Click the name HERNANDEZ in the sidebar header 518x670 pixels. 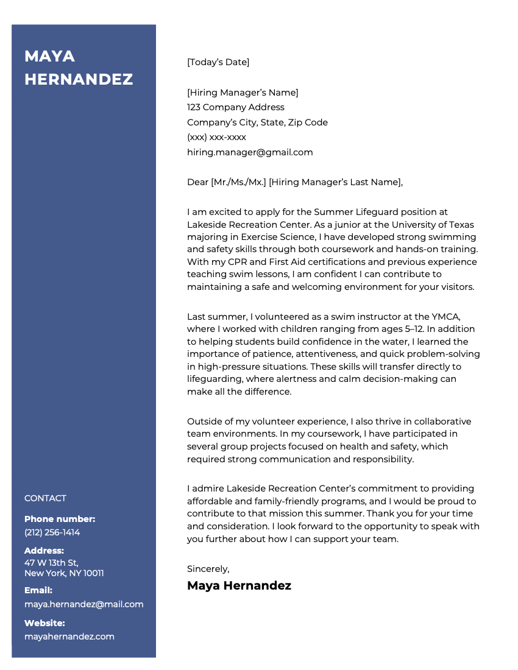79,79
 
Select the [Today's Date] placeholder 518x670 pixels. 218,62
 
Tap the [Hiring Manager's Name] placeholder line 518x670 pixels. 243,93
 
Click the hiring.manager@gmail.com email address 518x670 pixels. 250,152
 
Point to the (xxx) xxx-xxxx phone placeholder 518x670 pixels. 216,137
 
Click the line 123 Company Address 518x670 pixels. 235,107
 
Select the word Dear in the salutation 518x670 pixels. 197,182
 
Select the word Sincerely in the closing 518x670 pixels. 208,569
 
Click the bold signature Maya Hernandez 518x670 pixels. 239,586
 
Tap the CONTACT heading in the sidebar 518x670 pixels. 45,498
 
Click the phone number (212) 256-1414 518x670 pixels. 52,532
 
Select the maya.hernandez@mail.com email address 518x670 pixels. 83,604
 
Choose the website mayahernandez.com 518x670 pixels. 69,636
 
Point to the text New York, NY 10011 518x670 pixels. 64,573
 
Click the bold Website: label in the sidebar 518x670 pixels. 44,623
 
